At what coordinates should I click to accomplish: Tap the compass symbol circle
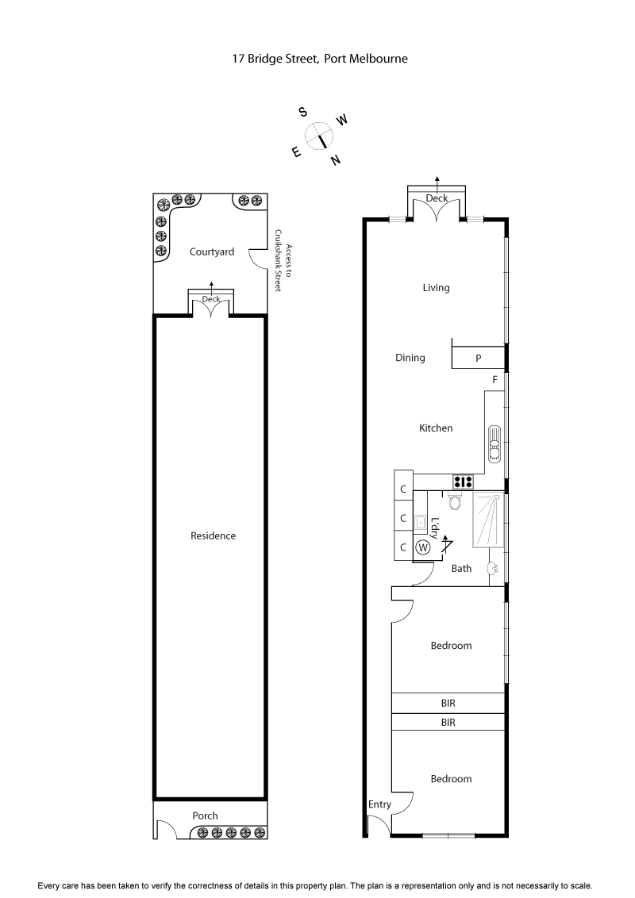319,136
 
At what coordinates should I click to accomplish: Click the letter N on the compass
336,160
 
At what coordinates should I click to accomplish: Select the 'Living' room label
436,288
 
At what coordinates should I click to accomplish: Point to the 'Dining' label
410,358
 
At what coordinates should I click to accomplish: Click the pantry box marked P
478,358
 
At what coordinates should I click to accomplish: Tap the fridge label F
495,380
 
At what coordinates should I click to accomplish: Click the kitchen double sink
495,443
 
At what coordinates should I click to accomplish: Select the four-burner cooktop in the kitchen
463,481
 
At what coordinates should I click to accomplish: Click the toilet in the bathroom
455,500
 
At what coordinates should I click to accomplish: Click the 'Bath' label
461,569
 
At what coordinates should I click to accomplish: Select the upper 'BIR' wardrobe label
449,703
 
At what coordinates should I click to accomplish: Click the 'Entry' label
379,804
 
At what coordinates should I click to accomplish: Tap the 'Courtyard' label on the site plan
212,252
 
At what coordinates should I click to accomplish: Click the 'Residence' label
213,536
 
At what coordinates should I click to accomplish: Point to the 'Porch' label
205,815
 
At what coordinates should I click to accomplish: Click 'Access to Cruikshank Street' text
283,256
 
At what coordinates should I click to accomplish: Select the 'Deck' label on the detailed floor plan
437,198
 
